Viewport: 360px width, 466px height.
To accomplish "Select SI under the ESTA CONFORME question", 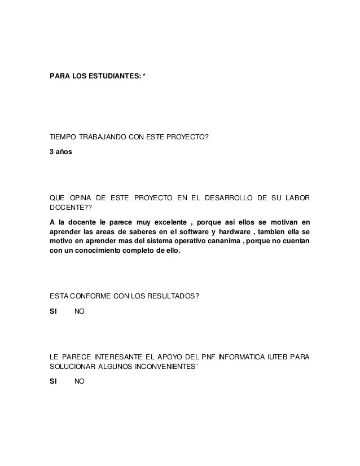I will pyautogui.click(x=54, y=311).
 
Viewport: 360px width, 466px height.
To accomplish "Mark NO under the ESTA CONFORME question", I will pyautogui.click(x=80, y=311).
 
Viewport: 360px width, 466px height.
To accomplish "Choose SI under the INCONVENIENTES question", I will pyautogui.click(x=54, y=381).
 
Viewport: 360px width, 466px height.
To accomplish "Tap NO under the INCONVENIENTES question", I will pyautogui.click(x=80, y=381).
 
